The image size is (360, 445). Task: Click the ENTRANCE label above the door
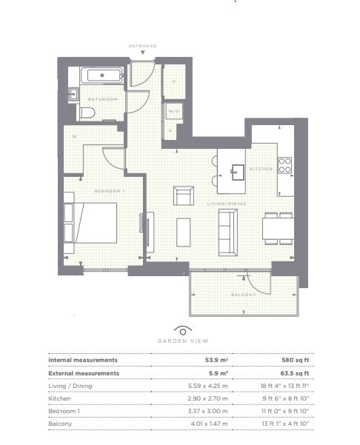(x=142, y=46)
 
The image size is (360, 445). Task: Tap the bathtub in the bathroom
(x=102, y=76)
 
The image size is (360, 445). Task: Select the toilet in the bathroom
(x=87, y=113)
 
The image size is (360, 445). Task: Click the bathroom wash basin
(x=73, y=94)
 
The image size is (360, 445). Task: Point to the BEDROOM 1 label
(x=110, y=191)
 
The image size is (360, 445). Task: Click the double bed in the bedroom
(x=96, y=222)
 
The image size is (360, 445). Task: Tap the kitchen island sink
(x=238, y=173)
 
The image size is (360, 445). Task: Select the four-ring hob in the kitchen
(x=284, y=165)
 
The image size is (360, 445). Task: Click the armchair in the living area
(x=184, y=195)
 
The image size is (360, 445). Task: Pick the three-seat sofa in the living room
(x=227, y=232)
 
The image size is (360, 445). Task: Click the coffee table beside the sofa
(x=183, y=232)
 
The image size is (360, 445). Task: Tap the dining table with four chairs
(x=278, y=229)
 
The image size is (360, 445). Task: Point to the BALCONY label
(x=244, y=295)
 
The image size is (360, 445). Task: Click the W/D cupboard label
(x=174, y=111)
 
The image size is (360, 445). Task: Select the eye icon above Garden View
(x=183, y=330)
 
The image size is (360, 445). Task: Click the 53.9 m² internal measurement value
(x=216, y=360)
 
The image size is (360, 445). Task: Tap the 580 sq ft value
(x=295, y=360)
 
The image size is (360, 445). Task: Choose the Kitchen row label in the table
(x=59, y=398)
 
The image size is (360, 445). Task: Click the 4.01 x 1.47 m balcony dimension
(x=209, y=424)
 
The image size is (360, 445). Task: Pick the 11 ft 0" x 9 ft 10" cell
(x=285, y=411)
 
